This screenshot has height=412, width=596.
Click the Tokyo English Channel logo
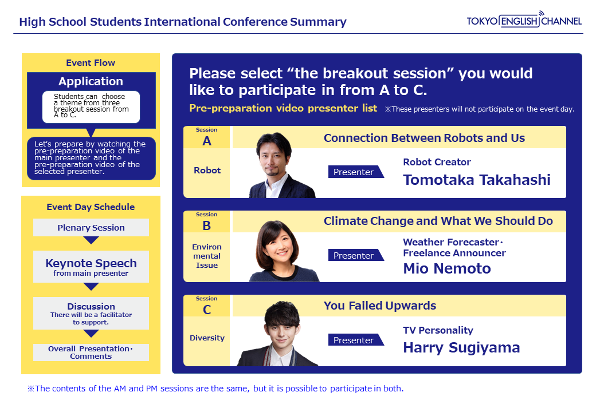click(524, 19)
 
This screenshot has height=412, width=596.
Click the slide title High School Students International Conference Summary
click(183, 22)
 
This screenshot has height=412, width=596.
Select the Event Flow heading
click(91, 62)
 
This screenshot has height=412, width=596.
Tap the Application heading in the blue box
click(91, 81)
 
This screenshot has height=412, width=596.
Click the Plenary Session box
click(91, 228)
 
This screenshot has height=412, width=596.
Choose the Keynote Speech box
click(91, 267)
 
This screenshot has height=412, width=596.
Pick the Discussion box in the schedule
click(91, 314)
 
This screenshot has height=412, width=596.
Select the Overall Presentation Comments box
click(91, 352)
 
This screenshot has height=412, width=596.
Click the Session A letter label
click(207, 141)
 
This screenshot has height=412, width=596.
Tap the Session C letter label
click(207, 310)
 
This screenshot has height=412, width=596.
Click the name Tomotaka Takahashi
click(477, 180)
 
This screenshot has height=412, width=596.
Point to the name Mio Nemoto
click(447, 268)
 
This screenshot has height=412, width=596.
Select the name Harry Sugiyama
click(461, 348)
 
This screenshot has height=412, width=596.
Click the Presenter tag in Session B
click(356, 255)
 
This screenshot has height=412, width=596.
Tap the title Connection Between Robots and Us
click(424, 138)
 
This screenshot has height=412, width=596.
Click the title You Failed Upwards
click(380, 306)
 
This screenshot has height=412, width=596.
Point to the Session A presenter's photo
click(281, 165)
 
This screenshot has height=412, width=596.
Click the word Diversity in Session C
click(207, 338)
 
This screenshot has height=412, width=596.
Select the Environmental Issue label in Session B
click(207, 256)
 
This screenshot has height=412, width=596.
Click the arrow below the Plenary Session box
click(91, 240)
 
